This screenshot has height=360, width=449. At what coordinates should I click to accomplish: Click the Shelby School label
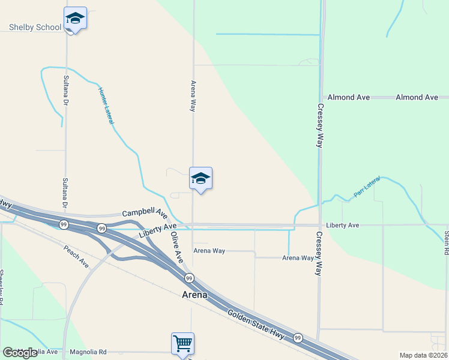tap(35, 27)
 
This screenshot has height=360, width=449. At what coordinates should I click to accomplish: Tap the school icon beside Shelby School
tap(75, 18)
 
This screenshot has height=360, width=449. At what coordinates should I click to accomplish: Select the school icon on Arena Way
tap(200, 178)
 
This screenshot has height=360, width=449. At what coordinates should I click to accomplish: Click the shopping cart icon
tap(182, 344)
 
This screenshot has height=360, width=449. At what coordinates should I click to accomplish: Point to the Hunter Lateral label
tap(106, 106)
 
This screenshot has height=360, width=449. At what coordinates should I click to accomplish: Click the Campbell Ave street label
tap(145, 213)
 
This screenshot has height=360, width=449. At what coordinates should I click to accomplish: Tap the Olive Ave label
tap(176, 247)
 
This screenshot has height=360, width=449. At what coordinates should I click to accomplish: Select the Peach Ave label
tap(76, 256)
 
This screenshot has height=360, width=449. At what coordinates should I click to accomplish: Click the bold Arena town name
tap(194, 295)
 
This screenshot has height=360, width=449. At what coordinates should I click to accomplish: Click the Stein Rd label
tap(446, 243)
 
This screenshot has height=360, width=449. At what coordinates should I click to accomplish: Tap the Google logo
tap(20, 353)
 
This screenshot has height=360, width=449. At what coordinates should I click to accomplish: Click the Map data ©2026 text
tap(424, 355)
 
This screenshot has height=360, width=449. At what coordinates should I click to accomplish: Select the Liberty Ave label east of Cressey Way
tap(342, 225)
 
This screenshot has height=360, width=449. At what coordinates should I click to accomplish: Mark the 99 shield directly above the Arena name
tap(189, 278)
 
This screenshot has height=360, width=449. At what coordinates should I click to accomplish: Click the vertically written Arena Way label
tap(193, 96)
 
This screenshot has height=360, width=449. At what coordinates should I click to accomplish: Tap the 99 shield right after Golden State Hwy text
tap(298, 338)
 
